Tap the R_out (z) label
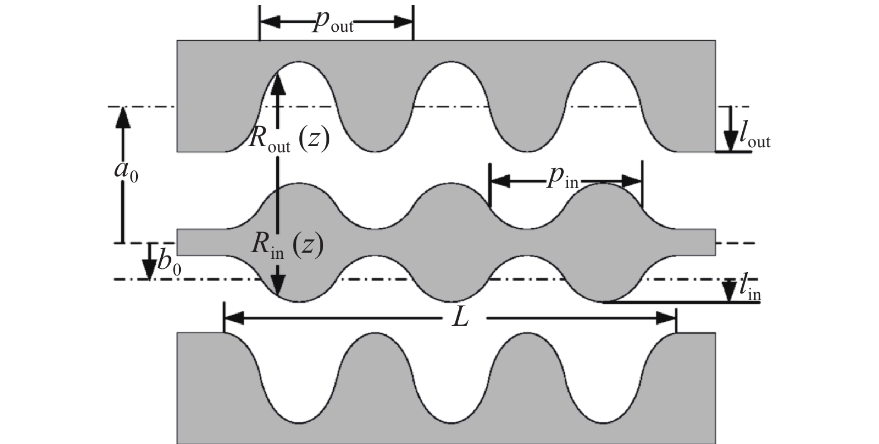(x=289, y=141)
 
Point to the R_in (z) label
(x=287, y=246)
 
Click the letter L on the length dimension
(x=460, y=318)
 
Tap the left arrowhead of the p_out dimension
(x=271, y=22)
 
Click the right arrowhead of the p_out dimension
(x=403, y=22)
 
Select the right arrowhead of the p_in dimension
(x=632, y=181)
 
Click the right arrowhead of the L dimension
(x=666, y=318)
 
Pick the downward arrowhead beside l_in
(x=729, y=291)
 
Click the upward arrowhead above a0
(x=123, y=117)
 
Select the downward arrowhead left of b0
(x=150, y=269)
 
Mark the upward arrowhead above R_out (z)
(x=278, y=84)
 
